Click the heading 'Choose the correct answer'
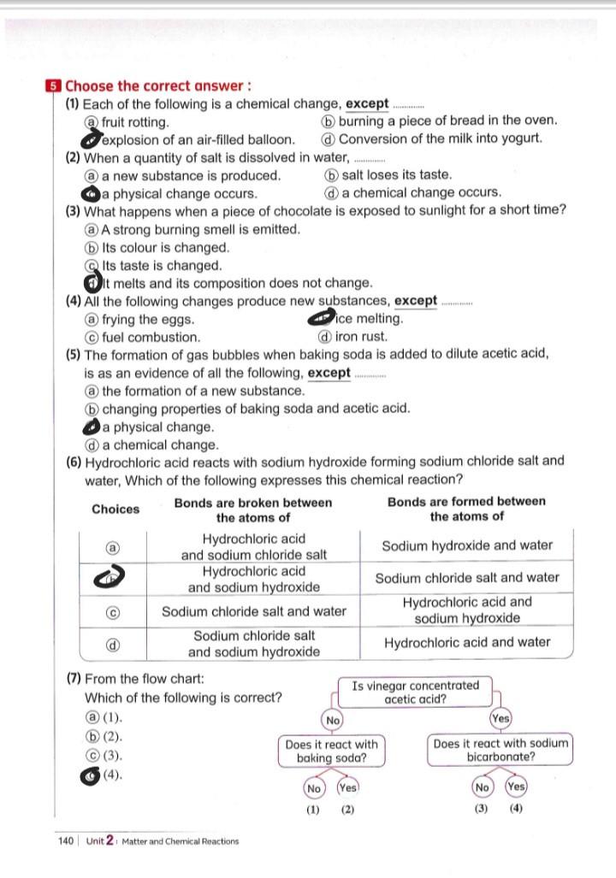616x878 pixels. (158, 85)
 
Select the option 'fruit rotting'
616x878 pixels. (135, 122)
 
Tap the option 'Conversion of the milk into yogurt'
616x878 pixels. (441, 139)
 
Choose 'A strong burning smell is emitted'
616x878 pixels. (200, 229)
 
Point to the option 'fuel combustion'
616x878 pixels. (151, 337)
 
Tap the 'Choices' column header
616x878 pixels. (115, 510)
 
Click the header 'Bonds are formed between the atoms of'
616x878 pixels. (466, 509)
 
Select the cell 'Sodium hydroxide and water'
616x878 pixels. (466, 545)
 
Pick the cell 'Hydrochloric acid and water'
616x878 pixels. (466, 642)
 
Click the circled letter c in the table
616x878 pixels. (112, 611)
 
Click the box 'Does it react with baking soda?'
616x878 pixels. (331, 751)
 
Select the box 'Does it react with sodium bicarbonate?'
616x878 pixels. (500, 751)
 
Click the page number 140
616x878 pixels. (66, 841)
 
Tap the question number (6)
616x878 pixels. (74, 461)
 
